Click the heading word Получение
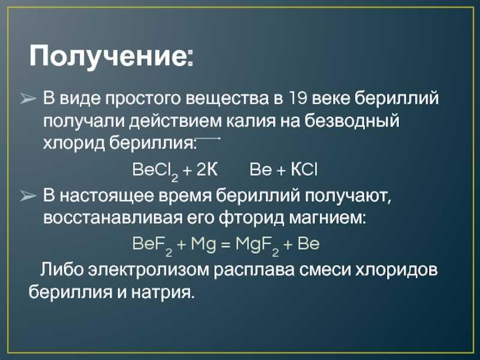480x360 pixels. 111,56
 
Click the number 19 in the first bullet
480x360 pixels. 296,98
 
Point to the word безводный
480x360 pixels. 352,121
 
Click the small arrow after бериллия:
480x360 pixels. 208,139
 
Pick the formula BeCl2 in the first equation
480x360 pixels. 155,170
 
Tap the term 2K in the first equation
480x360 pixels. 207,169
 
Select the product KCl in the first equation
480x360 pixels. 304,169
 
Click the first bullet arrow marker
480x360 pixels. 28,99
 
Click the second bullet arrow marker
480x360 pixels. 28,196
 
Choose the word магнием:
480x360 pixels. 327,218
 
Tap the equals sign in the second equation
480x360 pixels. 226,245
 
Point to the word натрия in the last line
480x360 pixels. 163,292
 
